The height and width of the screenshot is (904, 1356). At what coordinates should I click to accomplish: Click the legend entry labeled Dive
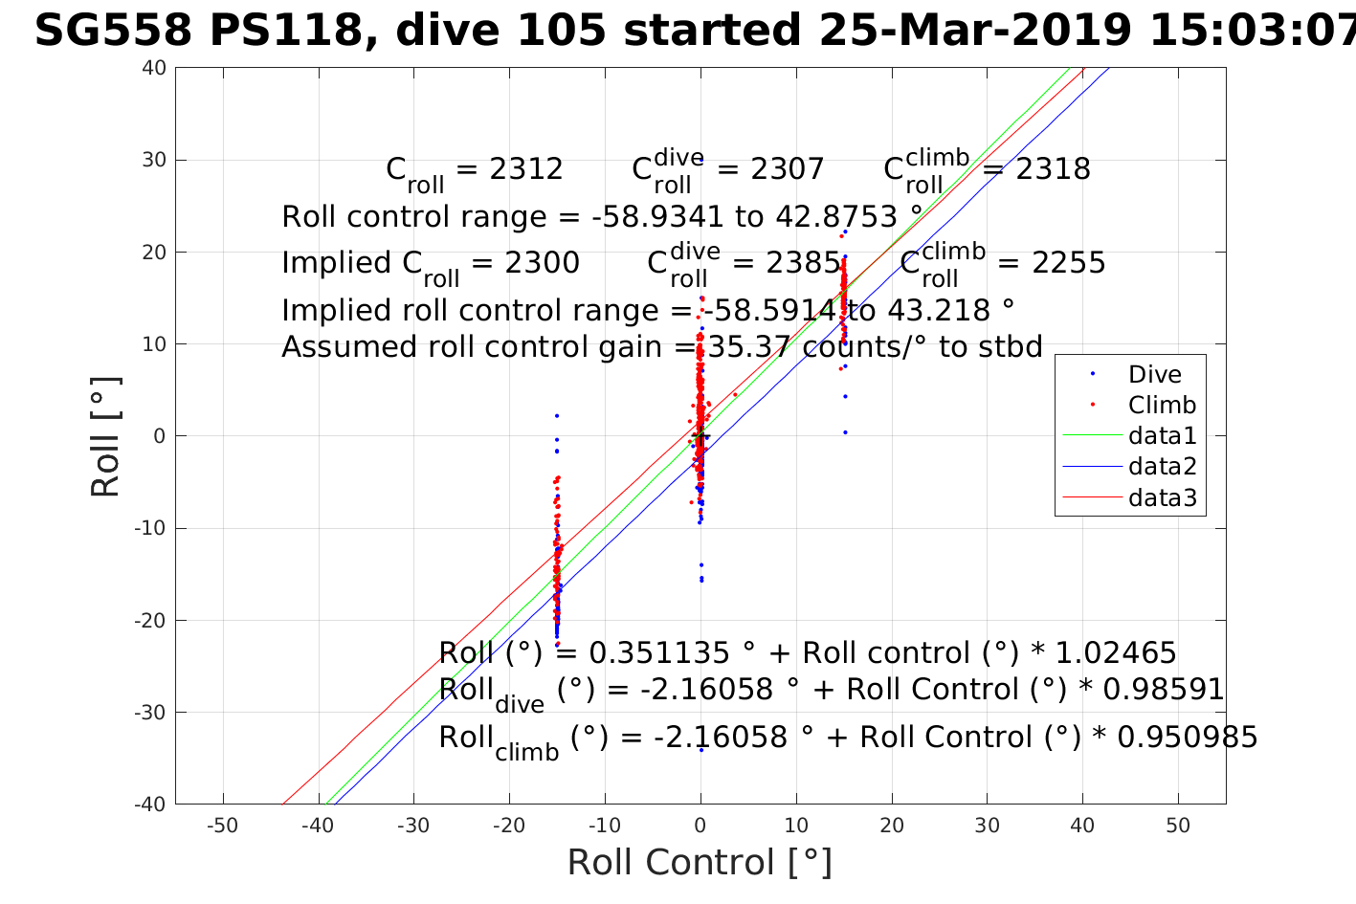[1154, 375]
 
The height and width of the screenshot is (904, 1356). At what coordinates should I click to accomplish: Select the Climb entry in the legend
[1162, 406]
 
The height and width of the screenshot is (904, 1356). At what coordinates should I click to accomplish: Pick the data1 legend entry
[1162, 436]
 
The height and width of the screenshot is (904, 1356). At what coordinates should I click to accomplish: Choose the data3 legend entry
[1162, 497]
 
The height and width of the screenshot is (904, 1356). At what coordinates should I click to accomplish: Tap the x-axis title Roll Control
[700, 862]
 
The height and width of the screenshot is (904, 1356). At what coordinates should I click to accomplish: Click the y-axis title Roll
[106, 437]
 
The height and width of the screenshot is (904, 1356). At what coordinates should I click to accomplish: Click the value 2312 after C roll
[525, 169]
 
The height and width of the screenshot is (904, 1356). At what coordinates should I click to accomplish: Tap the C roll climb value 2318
[1053, 169]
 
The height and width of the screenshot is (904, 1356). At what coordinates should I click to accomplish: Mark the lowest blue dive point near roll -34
[700, 750]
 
